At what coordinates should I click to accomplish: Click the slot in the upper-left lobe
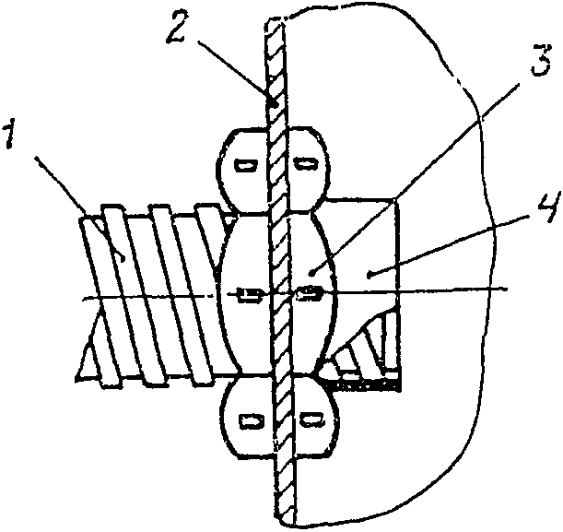pos(246,166)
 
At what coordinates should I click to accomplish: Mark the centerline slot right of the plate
pos(308,293)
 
